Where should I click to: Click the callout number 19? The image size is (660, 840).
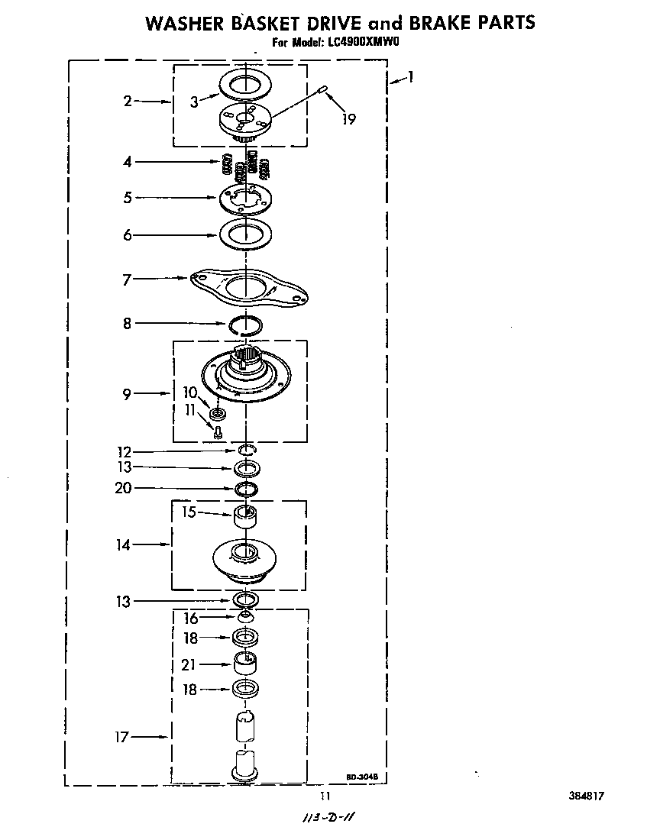[349, 119]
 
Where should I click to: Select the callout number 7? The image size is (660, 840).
[128, 279]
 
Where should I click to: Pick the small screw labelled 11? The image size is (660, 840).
[217, 432]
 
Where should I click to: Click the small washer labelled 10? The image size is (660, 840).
[218, 415]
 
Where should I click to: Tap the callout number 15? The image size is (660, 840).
[189, 512]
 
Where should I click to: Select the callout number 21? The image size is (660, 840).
[189, 665]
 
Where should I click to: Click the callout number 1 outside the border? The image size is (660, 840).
[411, 76]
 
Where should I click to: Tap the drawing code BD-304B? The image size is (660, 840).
[362, 777]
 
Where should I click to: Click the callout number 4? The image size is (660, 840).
[128, 162]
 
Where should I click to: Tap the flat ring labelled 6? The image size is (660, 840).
[246, 234]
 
